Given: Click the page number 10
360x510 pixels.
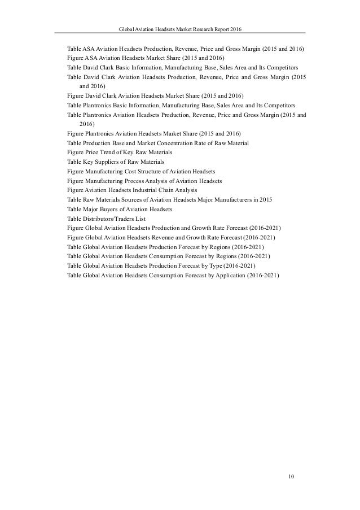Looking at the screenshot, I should [291, 477].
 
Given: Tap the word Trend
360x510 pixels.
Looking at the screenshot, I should [105, 152].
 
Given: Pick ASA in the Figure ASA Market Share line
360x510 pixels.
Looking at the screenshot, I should [90, 58].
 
